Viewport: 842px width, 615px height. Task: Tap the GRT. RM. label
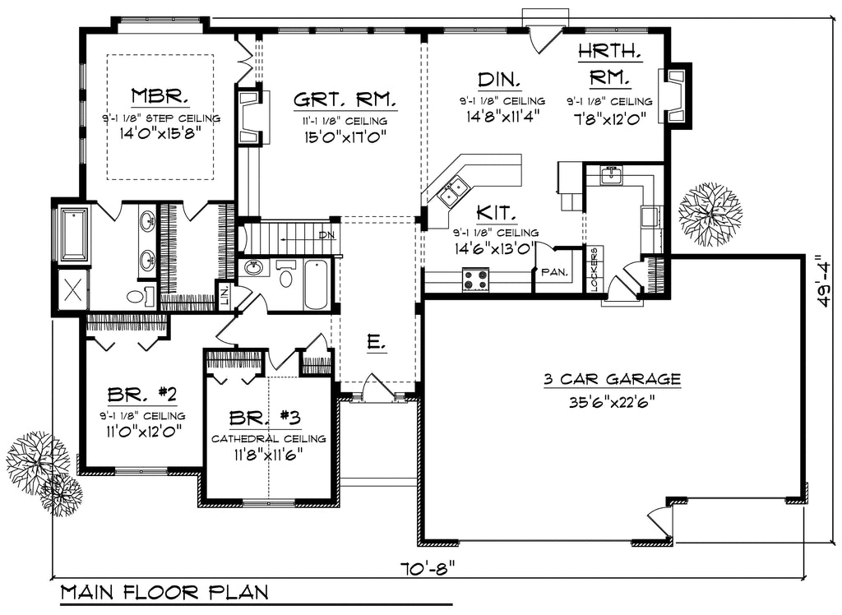[345, 100]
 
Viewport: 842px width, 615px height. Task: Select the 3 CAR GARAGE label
[612, 379]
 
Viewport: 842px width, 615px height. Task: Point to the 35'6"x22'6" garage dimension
[612, 403]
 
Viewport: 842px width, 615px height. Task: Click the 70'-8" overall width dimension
[427, 567]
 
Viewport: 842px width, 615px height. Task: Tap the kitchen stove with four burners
[476, 280]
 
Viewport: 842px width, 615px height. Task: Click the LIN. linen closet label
[223, 294]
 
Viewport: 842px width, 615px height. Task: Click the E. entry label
[377, 342]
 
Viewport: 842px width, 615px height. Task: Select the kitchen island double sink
[451, 193]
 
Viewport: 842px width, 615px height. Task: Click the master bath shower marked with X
[72, 289]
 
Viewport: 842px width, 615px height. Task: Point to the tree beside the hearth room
[710, 214]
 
